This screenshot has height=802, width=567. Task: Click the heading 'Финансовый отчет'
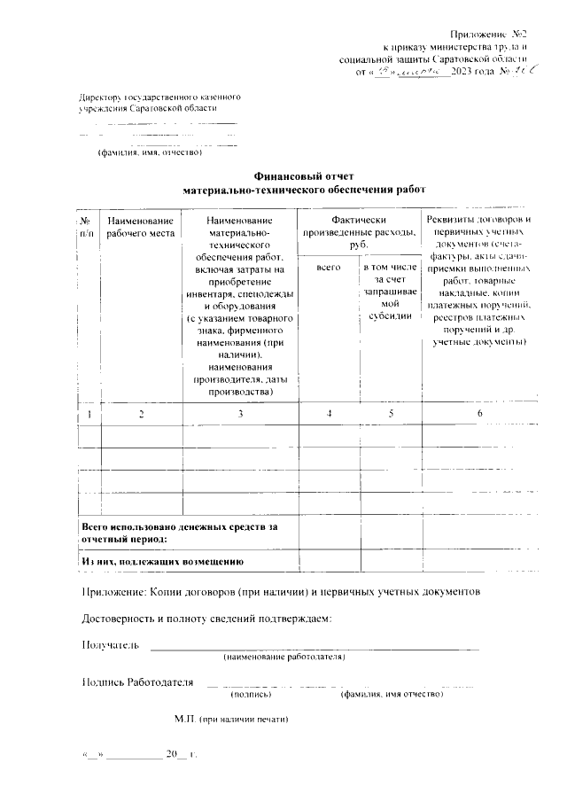point(304,176)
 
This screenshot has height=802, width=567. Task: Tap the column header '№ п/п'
point(87,226)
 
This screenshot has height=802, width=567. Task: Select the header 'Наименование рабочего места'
point(140,226)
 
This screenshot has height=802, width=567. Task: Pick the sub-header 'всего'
point(329,265)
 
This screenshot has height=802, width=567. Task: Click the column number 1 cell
point(89,414)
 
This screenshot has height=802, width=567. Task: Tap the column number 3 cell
point(239,414)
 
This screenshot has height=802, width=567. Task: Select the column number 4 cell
point(329,414)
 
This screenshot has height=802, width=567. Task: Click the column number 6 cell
point(479,414)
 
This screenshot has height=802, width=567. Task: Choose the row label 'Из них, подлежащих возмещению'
point(162,561)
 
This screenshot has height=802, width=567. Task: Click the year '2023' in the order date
point(464,70)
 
